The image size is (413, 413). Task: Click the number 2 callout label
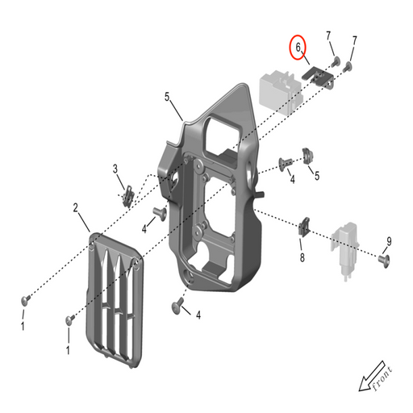click(76, 209)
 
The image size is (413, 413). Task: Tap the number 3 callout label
click(115, 169)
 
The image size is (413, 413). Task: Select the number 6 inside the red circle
click(299, 48)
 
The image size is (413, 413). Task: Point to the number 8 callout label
click(302, 258)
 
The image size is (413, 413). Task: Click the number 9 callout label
click(389, 241)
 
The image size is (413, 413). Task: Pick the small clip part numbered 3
click(127, 194)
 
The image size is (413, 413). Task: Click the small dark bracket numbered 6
click(319, 77)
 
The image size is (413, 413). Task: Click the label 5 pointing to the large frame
click(167, 98)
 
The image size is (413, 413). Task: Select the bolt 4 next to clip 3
click(161, 214)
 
